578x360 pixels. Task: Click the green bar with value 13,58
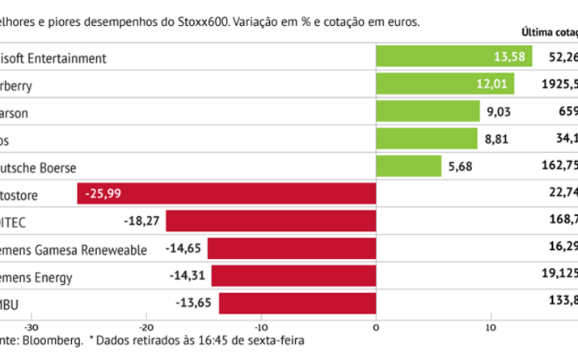tap(454, 58)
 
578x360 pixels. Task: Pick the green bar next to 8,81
tap(427, 138)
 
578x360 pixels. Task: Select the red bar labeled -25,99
tap(227, 193)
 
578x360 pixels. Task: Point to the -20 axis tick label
tap(146, 328)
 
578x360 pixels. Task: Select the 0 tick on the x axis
tap(376, 328)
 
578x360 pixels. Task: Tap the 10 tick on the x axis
tap(490, 328)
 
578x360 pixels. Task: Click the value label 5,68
tap(459, 167)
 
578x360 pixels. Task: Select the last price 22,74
tap(564, 193)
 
